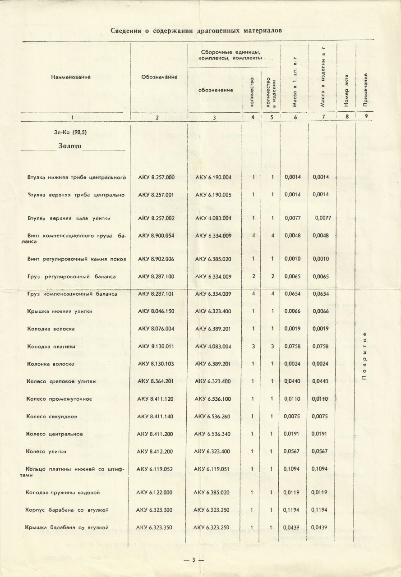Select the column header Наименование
(x=71, y=77)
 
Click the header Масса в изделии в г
(x=322, y=79)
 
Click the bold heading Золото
(x=70, y=146)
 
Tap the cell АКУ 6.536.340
(x=212, y=434)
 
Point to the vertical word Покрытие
(x=364, y=356)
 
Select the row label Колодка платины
(x=51, y=346)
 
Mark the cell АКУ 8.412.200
(x=155, y=451)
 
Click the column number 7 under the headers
(x=322, y=117)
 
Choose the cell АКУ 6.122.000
(x=155, y=492)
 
